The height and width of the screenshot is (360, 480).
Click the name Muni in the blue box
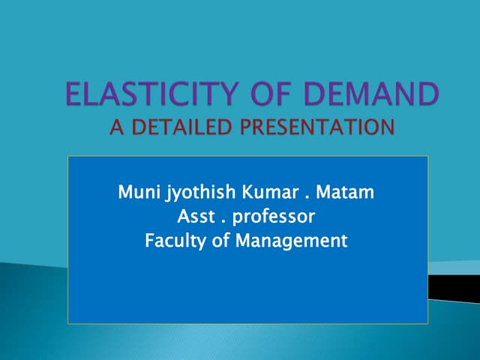coord(137,193)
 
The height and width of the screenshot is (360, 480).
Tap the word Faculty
coord(173,241)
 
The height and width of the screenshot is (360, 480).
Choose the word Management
coord(292,242)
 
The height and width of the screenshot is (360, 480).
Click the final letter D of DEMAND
coord(427,95)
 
